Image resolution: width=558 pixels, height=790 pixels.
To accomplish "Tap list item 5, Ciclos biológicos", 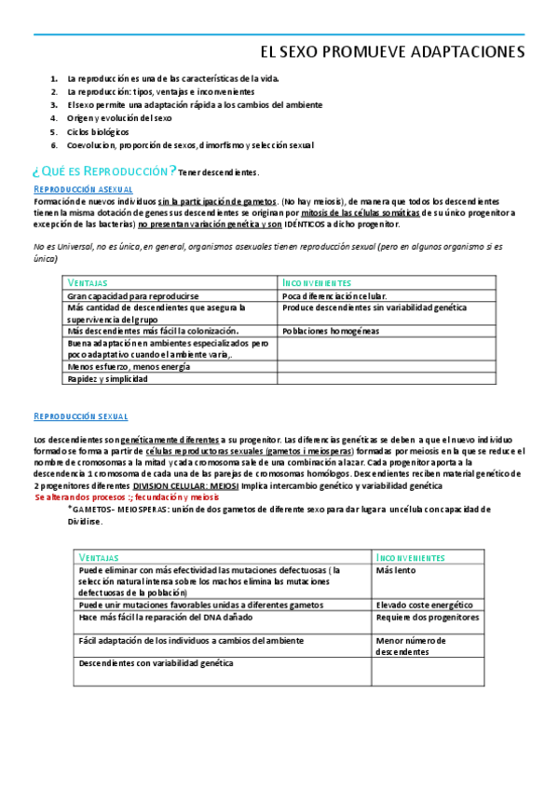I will coord(98,131).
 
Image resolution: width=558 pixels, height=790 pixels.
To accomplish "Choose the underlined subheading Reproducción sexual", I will coord(80,415).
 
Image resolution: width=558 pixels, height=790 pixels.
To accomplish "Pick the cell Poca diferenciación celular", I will coord(334,294).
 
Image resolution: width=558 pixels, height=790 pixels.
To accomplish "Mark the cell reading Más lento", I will coord(396,569).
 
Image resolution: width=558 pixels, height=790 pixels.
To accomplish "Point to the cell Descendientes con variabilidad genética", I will coord(156,662).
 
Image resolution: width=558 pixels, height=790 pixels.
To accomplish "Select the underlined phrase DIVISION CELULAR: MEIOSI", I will coord(185,486).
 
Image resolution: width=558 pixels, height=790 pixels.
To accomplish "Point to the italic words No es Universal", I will coord(60,247).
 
